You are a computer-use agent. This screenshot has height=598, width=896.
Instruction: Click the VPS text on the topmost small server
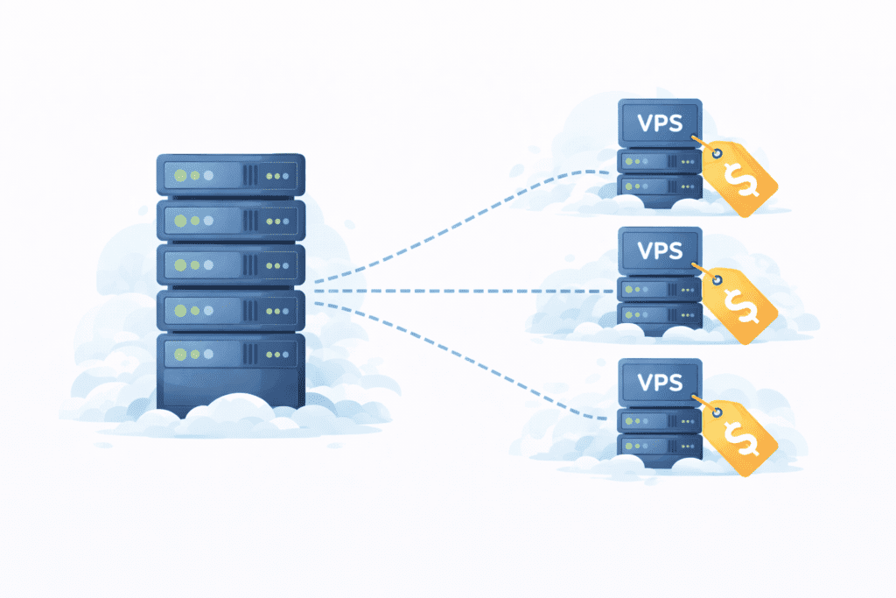660,120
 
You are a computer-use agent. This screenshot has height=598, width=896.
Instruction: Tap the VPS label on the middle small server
660,250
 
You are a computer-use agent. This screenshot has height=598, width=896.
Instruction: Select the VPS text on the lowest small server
660,382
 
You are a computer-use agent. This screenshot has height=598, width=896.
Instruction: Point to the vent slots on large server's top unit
251,176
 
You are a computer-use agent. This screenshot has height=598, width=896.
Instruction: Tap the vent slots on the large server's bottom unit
251,354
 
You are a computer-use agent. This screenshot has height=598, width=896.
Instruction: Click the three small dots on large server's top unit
276,176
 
